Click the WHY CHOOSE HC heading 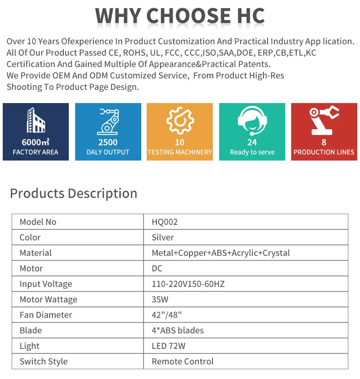click(x=180, y=16)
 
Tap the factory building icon click(x=36, y=121)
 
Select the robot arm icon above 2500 click(x=108, y=121)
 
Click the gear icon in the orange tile click(x=180, y=121)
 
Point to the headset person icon click(x=252, y=121)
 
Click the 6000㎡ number click(x=36, y=142)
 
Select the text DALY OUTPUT click(x=108, y=152)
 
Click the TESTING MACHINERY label click(x=180, y=152)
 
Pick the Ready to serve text click(x=252, y=152)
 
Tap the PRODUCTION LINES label click(x=324, y=152)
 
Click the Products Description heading click(x=73, y=193)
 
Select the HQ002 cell click(x=165, y=222)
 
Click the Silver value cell click(x=163, y=238)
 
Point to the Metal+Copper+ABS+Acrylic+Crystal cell click(x=221, y=253)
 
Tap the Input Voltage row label click(x=46, y=284)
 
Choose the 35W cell click(x=159, y=300)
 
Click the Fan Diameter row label click(x=46, y=315)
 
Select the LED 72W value click(x=168, y=346)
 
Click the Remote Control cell click(x=182, y=362)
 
